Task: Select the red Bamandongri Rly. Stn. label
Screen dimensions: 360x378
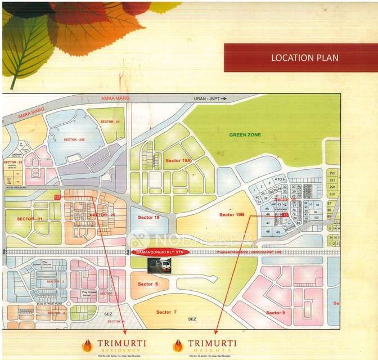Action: tap(160, 252)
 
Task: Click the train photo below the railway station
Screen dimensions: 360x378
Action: tap(159, 265)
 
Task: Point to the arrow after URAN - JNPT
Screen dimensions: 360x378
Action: tap(223, 98)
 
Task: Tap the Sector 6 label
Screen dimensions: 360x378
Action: tap(148, 284)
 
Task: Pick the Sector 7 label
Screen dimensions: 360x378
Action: tap(166, 312)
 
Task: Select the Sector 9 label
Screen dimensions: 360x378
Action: tap(275, 313)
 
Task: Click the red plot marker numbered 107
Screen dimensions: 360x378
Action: tap(57, 197)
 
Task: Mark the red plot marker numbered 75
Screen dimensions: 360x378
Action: tap(285, 215)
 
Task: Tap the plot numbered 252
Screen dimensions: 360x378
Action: tap(332, 173)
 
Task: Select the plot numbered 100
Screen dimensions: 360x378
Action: tap(316, 217)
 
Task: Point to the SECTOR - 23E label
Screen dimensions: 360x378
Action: tap(74, 139)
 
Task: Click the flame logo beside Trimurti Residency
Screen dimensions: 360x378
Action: tap(87, 345)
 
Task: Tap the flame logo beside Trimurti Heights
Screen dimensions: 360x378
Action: tap(178, 345)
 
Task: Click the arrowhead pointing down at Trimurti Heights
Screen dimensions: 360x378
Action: tap(215, 333)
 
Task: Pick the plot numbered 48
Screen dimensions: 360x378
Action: tap(268, 231)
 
